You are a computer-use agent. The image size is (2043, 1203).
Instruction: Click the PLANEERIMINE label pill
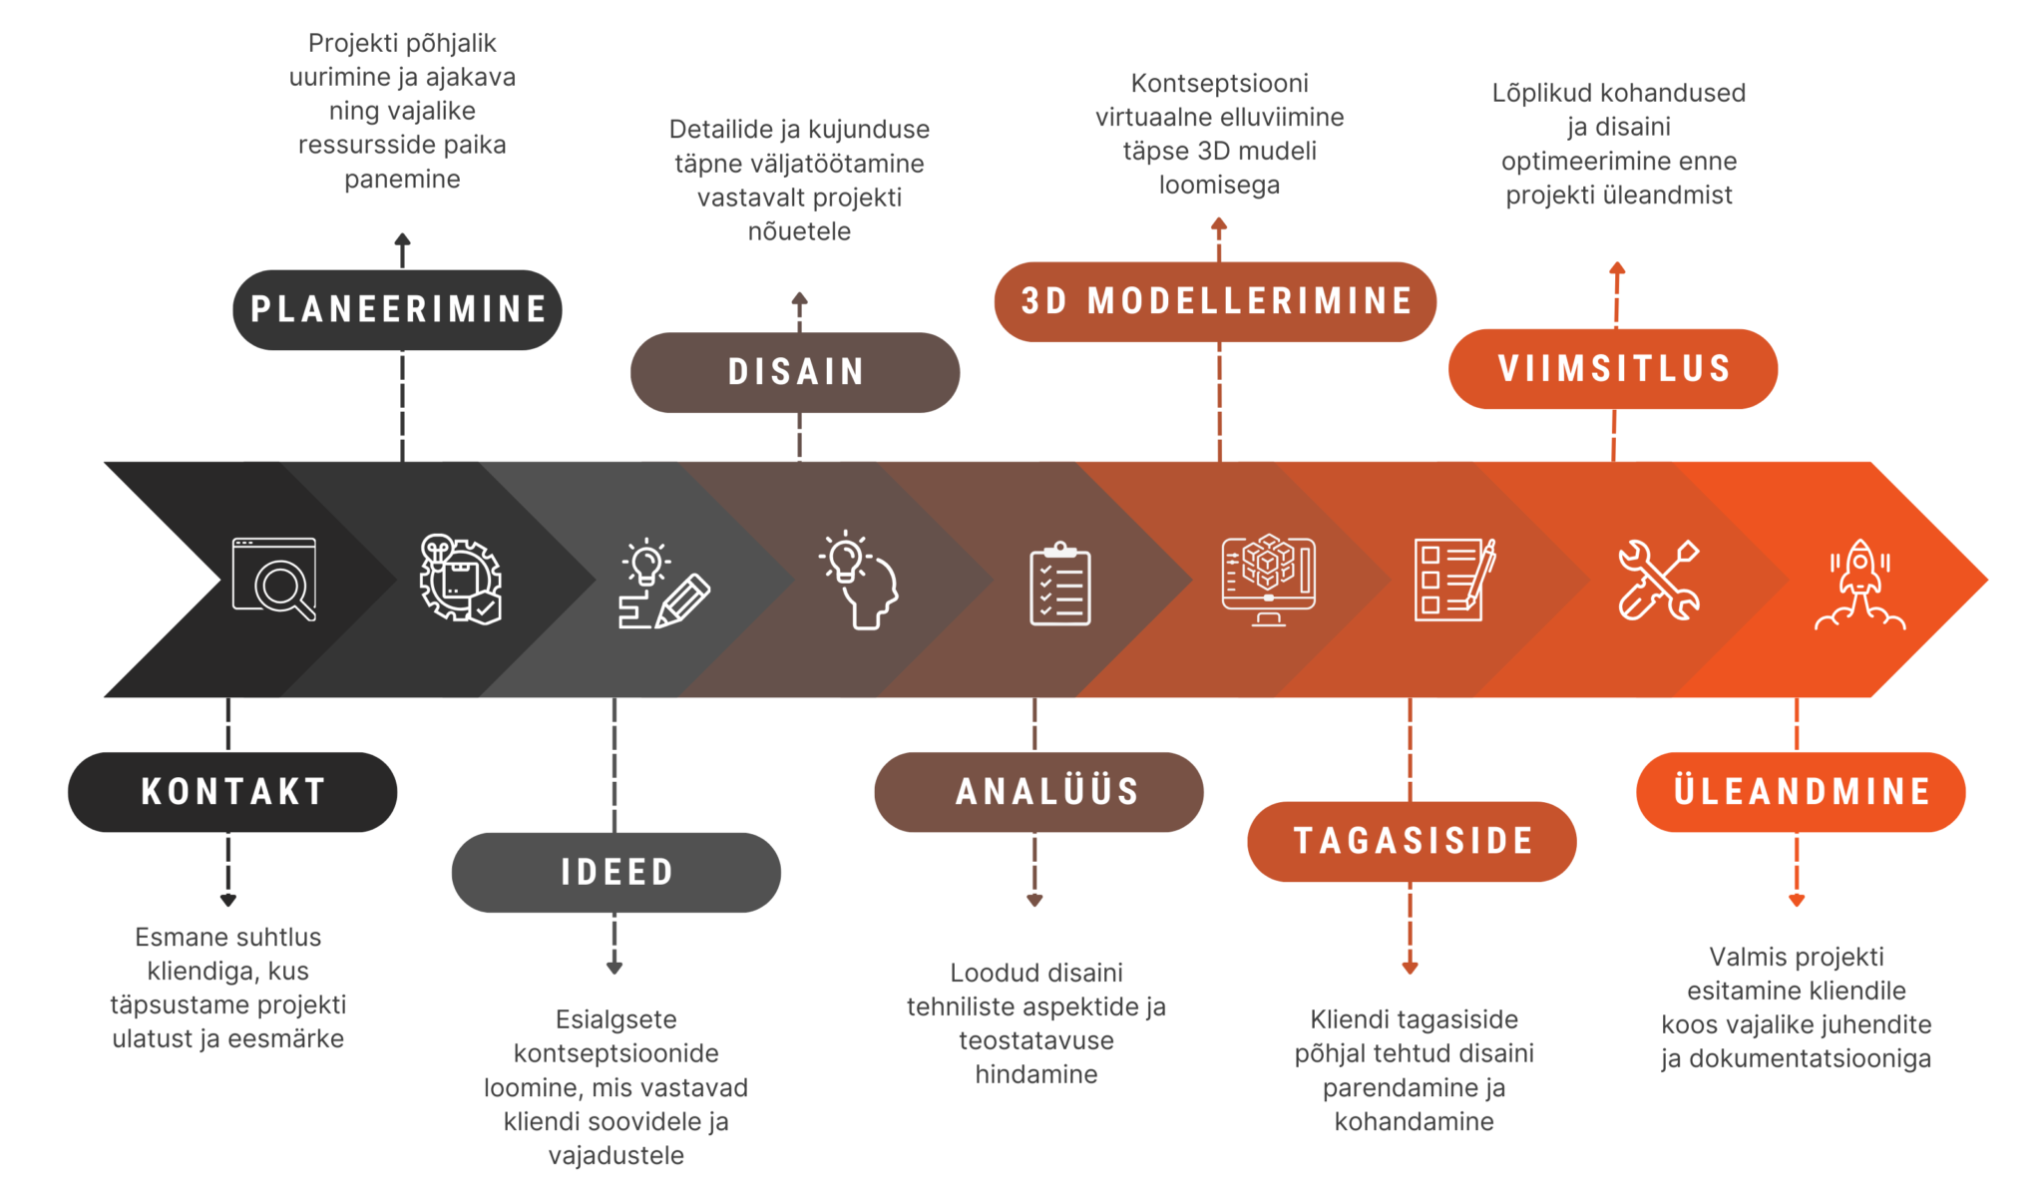[x=397, y=309]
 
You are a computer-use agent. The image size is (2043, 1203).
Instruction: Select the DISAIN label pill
[x=795, y=372]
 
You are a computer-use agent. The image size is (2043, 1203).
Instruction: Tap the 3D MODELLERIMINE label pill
[x=1215, y=301]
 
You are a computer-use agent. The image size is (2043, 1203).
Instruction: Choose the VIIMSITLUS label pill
[x=1613, y=368]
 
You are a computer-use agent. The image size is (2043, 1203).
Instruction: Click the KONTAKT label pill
[x=232, y=792]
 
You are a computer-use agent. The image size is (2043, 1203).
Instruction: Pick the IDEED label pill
[x=616, y=872]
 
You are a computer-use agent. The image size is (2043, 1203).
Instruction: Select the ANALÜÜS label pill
[x=1038, y=792]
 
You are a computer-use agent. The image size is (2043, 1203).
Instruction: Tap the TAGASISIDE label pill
[x=1412, y=841]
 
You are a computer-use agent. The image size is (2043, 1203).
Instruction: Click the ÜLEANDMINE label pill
[x=1801, y=792]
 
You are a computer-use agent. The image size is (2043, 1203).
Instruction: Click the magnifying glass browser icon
[x=274, y=579]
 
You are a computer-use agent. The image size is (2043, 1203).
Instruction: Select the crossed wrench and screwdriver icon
[x=1658, y=580]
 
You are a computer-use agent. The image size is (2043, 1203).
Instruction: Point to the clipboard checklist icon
[x=1059, y=584]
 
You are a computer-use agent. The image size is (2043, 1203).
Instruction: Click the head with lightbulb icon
[x=859, y=580]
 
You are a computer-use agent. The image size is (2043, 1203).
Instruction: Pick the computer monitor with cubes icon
[x=1268, y=580]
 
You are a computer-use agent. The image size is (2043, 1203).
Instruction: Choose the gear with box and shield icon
[x=460, y=579]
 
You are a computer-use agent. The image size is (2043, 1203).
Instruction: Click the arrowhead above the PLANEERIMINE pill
[x=402, y=239]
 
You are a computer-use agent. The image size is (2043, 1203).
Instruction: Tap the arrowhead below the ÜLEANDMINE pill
[x=1797, y=900]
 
